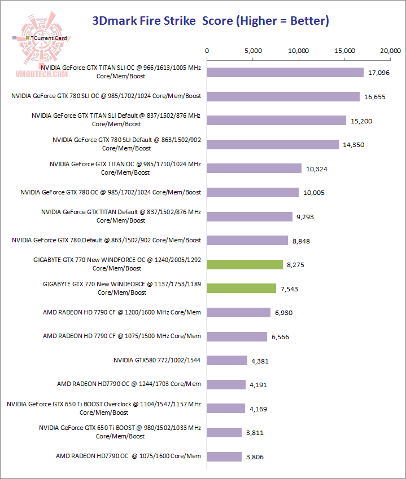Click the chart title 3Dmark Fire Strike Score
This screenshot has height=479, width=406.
[x=211, y=21]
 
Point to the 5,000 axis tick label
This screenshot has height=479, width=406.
[x=254, y=51]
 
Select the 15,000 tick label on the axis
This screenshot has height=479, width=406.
[x=346, y=51]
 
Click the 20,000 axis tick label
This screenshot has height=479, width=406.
[x=391, y=51]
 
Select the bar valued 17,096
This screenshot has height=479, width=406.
[x=285, y=72]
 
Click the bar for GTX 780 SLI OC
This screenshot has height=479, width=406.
[x=283, y=96]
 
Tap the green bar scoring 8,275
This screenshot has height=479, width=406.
[x=245, y=264]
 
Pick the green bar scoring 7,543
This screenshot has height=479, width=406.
[x=242, y=288]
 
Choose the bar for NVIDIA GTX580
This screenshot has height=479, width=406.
[x=227, y=360]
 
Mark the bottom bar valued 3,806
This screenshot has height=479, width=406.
[x=225, y=456]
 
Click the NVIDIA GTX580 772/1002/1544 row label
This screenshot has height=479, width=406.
[x=157, y=360]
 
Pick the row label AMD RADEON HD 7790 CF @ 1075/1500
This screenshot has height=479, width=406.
[x=122, y=336]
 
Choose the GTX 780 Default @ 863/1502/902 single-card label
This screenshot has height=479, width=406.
[x=107, y=240]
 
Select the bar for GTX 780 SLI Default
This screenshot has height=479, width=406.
[x=273, y=144]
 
